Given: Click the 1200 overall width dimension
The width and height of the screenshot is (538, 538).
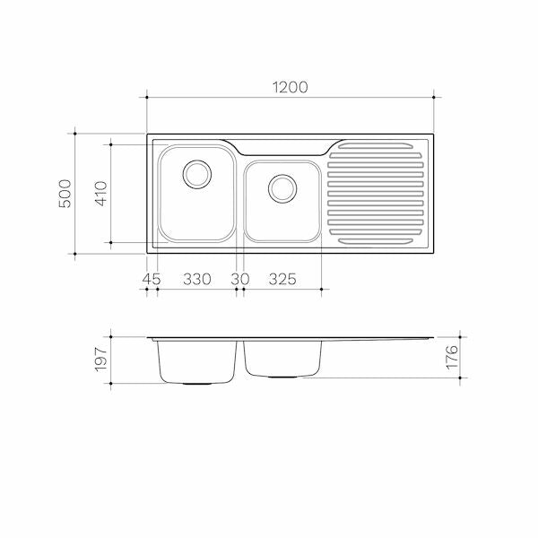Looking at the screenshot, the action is [291, 87].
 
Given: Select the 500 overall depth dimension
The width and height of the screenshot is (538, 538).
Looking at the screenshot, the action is [65, 194].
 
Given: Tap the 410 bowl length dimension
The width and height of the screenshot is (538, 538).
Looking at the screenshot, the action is [100, 194].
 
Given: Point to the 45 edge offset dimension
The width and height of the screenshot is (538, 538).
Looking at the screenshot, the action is [152, 279].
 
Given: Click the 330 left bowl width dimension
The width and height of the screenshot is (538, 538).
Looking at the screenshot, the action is [197, 279].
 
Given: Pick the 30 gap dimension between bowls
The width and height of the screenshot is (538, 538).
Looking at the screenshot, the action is [240, 279].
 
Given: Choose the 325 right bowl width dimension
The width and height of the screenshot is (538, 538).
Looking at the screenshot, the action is [282, 279].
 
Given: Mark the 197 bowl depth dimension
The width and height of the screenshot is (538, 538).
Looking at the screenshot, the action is [100, 360].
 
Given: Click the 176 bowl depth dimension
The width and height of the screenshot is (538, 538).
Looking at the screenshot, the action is [452, 357].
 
